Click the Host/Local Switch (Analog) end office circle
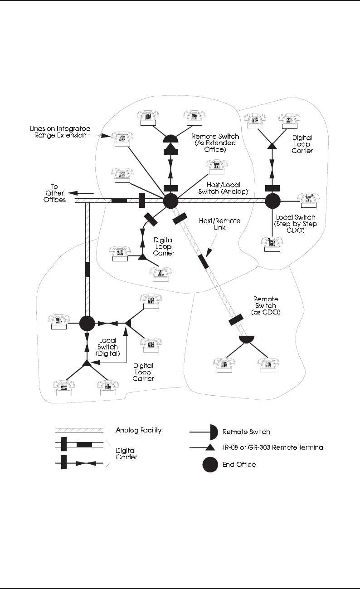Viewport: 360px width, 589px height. coord(170,201)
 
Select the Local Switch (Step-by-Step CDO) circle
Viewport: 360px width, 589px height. coord(272,201)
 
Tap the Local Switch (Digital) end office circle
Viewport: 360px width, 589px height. coord(87,324)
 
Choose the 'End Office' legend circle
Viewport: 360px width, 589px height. coord(210,465)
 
